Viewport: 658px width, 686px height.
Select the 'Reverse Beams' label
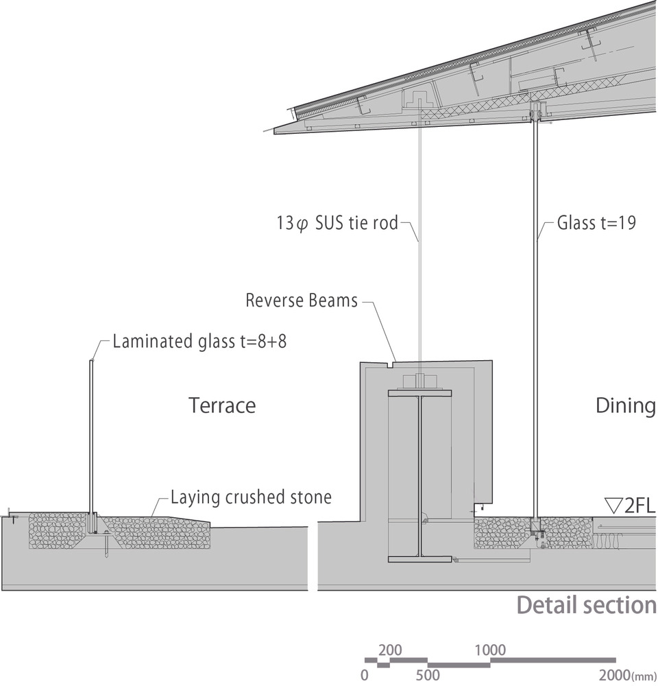tap(302, 300)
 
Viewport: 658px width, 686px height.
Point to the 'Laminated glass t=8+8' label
tap(199, 341)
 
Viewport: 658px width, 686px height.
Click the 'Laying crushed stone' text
tap(251, 497)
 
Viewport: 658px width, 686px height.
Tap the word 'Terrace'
tap(222, 405)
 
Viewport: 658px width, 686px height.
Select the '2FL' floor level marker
tap(639, 508)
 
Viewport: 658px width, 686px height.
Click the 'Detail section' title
tap(586, 605)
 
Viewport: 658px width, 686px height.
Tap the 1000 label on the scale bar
tap(489, 650)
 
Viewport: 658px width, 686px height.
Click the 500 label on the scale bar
tap(428, 674)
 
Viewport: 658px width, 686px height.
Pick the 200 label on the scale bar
tap(390, 650)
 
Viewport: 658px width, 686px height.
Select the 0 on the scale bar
tap(365, 674)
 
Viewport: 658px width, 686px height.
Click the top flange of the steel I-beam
tap(419, 394)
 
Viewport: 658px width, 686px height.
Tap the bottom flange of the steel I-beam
tap(419, 559)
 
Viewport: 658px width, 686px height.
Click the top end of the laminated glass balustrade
tap(92, 359)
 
